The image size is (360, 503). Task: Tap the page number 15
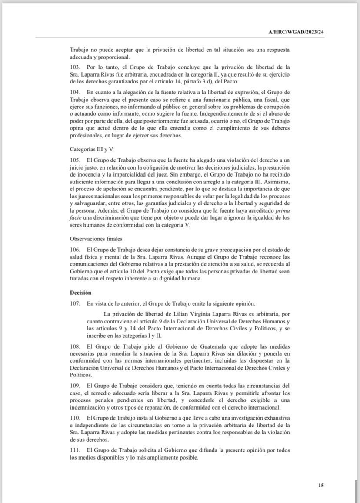click(x=321, y=485)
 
